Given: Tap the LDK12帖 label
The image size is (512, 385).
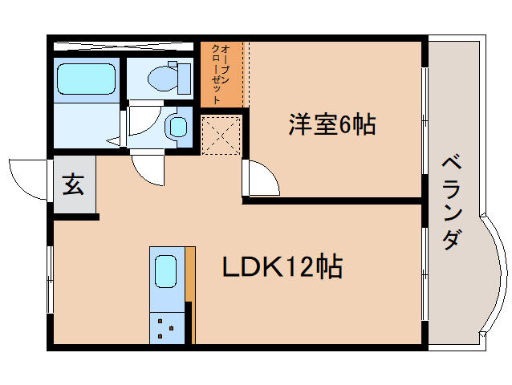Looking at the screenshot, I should tap(282, 266).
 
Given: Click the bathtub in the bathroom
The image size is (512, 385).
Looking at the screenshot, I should tap(86, 79).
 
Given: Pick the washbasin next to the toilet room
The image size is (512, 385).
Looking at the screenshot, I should tap(177, 127).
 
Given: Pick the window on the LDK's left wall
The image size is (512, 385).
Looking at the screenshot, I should tap(50, 281).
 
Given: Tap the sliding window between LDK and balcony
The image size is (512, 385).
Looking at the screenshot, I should tap(423, 273).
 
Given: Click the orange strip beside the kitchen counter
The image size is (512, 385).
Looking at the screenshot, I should tap(190, 273).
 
